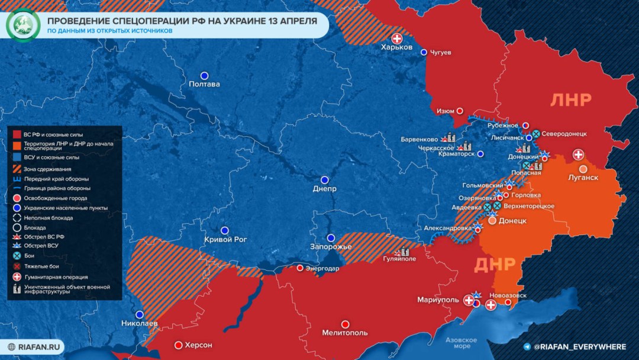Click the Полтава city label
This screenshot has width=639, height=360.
tap(204, 84)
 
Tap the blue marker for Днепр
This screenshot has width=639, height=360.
tap(324, 179)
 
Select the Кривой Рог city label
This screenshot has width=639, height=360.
tap(225, 240)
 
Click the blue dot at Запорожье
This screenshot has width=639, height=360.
tap(331, 237)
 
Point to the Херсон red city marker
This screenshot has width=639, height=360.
tap(178, 345)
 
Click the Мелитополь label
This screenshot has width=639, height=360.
tap(345, 333)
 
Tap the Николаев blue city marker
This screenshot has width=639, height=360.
tap(140, 314)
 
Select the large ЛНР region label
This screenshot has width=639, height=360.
tap(570, 100)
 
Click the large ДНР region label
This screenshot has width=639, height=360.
tap(495, 263)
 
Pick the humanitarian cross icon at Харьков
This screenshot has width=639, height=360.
tap(397, 38)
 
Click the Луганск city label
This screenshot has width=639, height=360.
tap(583, 178)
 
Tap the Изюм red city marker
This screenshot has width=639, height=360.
tap(459, 111)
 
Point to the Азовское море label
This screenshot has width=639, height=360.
tap(461, 343)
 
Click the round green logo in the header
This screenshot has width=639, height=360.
tap(22, 25)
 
